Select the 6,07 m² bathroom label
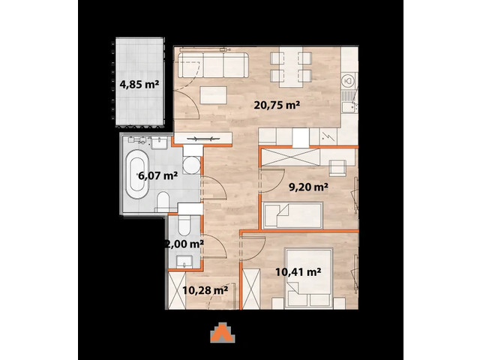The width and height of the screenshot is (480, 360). (157, 177)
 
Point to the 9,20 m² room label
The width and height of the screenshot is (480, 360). (310, 189)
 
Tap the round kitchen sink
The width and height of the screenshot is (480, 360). (346, 80)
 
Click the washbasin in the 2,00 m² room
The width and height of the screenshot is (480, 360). (185, 260)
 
